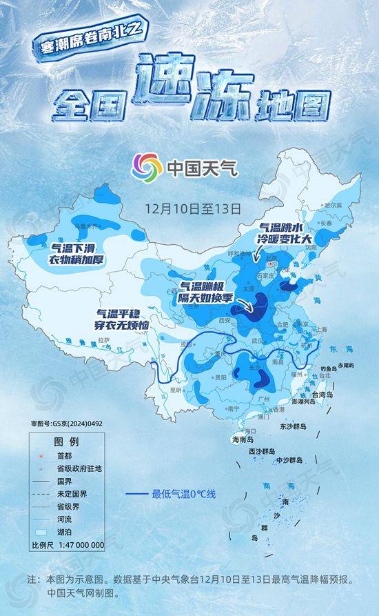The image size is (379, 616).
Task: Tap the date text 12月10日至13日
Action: pyautogui.click(x=192, y=207)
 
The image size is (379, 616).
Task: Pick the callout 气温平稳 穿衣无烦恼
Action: pyautogui.click(x=123, y=318)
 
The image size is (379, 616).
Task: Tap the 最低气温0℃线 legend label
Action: pyautogui.click(x=184, y=494)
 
